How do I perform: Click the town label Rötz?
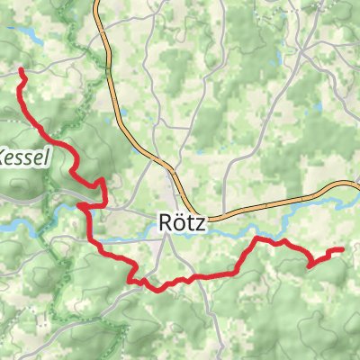click(x=181, y=221)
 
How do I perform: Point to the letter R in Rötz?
click(x=165, y=221)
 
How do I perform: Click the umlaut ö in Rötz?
click(x=178, y=221)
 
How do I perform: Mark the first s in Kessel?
click(x=30, y=154)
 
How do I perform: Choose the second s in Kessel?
click(x=39, y=154)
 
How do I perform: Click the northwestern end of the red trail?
click(x=21, y=69)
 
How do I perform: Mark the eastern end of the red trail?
click(x=342, y=249)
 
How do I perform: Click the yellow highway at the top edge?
click(x=97, y=4)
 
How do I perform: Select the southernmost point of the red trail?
click(x=163, y=289)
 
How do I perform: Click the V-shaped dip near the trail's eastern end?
click(x=310, y=265)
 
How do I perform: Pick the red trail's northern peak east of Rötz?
click(x=260, y=239)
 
